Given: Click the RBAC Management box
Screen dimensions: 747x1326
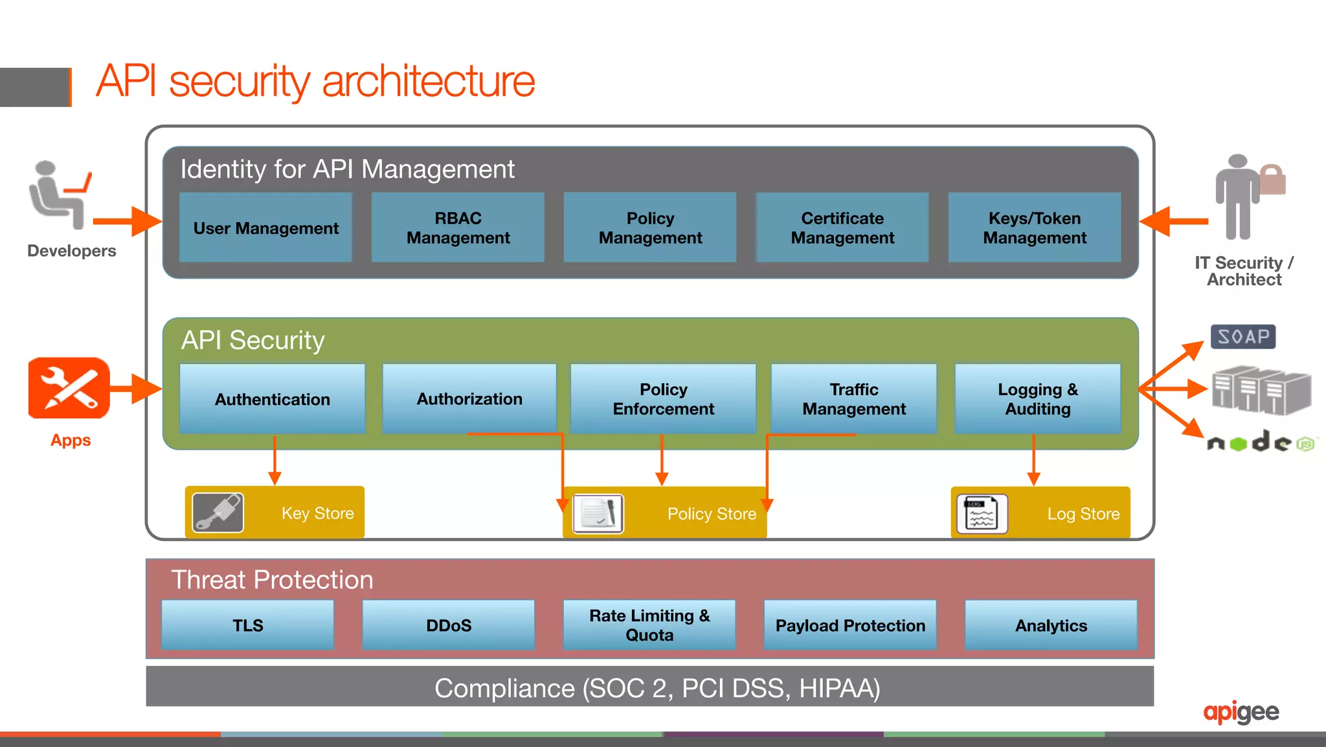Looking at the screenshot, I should (x=458, y=227).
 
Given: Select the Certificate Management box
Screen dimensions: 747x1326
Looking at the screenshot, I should (x=842, y=227).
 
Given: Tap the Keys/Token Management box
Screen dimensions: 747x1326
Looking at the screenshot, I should (x=1034, y=227).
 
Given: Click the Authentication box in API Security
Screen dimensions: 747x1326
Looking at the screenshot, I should (x=272, y=399).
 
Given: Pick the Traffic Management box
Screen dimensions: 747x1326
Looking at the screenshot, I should (x=853, y=399).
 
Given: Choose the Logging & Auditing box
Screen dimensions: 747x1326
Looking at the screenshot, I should (x=1037, y=399).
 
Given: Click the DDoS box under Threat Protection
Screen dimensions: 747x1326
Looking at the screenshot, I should (x=448, y=625).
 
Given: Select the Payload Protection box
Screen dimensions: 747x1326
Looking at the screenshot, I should (x=850, y=625).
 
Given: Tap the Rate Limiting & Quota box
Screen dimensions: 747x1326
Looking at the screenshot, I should (x=649, y=625).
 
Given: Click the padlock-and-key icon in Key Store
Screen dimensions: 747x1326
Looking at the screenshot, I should (x=218, y=512).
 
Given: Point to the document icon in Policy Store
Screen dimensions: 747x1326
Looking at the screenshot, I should (x=598, y=514).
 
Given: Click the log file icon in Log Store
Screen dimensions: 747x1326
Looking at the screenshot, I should (x=982, y=514).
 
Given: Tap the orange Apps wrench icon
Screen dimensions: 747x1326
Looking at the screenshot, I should (x=69, y=388).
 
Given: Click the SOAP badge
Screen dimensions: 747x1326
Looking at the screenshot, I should (x=1242, y=337).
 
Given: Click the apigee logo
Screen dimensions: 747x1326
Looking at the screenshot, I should (x=1241, y=712).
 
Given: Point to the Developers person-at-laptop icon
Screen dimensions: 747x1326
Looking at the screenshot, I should (x=59, y=195).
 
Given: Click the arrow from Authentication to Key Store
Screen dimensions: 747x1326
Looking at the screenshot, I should (x=275, y=461).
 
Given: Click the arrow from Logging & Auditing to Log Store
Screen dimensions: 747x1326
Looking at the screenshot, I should (x=1033, y=461).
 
